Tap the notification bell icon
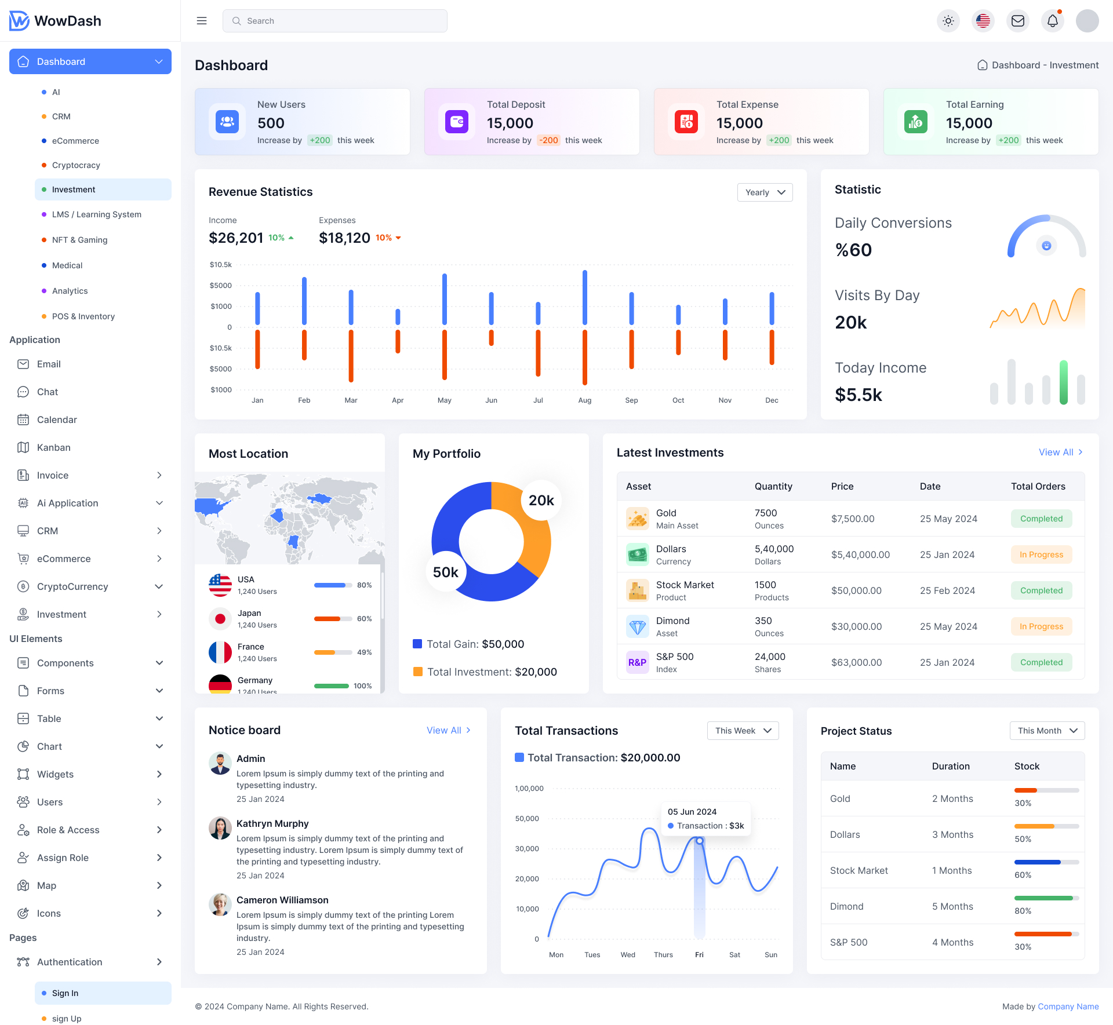pos(1053,21)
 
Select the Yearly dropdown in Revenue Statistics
pos(765,192)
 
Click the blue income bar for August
pos(585,297)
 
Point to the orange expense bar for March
pos(351,356)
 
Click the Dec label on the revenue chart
pos(772,400)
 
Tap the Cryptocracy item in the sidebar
pos(76,165)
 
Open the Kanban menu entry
pos(54,447)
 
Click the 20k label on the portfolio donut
pos(541,501)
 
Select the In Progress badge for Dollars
pos(1041,555)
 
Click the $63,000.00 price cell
pos(856,662)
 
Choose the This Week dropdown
pos(743,731)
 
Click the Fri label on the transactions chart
pos(699,955)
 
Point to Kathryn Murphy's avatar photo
pos(220,828)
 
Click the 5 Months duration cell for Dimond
pos(952,906)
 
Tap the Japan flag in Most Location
pos(220,619)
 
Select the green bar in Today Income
pos(1063,382)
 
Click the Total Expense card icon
pos(686,122)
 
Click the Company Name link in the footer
pos(1068,1006)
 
